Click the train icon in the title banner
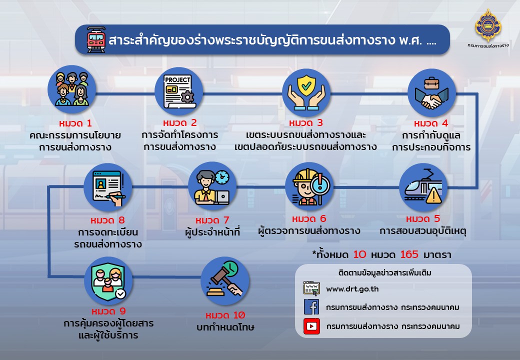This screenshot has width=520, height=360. pos(96,40)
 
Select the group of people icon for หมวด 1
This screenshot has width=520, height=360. pos(72,89)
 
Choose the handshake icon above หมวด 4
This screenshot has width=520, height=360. pos(431,93)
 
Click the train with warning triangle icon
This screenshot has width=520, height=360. pos(423,187)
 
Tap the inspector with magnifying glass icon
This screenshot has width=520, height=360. pos(309,186)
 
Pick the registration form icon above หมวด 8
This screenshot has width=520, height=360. pos(108,187)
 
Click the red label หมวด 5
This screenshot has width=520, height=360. pos(423,219)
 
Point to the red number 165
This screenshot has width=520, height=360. pos(409,254)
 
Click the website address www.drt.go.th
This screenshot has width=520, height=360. pos(352,289)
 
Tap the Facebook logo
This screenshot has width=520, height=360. pos(311,306)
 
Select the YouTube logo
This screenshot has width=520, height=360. pos(311,326)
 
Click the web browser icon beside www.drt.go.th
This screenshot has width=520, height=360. pos(311,288)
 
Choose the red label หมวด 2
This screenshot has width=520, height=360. pos(179,123)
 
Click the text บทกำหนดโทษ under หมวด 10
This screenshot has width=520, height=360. pos(225,327)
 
